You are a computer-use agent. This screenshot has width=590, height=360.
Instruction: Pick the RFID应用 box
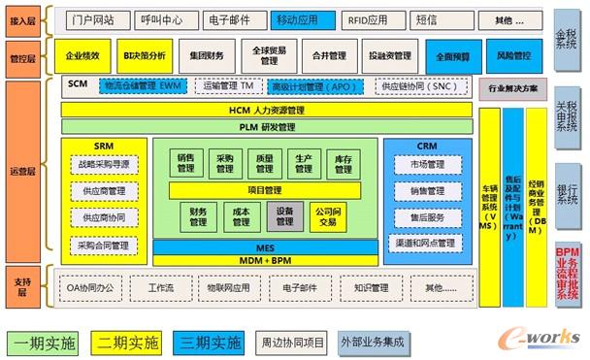click(x=363, y=19)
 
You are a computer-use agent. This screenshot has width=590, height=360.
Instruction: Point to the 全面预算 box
click(x=451, y=56)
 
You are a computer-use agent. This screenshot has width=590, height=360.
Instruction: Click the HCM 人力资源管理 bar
click(x=268, y=113)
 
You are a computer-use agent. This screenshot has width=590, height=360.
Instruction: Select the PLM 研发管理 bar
click(x=268, y=127)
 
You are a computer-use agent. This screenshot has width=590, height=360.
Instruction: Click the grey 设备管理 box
click(x=284, y=215)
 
